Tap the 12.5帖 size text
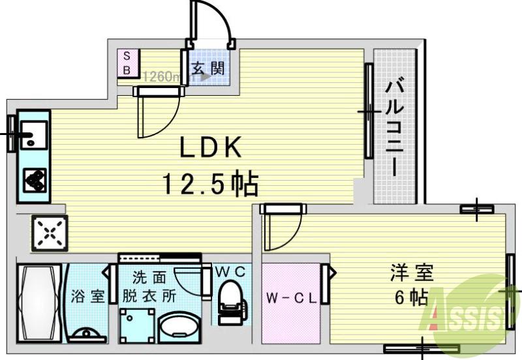tap(210, 185)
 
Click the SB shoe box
tap(127, 63)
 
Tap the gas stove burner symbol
tap(35, 178)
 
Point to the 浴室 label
tap(88, 295)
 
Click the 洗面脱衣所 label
tap(149, 286)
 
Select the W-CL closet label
tap(291, 299)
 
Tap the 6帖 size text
tap(411, 297)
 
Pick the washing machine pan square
tap(138, 323)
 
